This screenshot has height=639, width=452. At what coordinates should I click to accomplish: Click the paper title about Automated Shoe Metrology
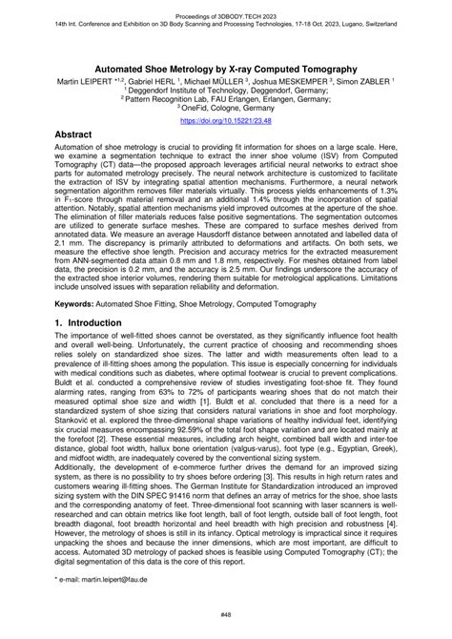(x=225, y=69)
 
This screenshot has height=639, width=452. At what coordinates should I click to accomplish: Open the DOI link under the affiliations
(x=225, y=121)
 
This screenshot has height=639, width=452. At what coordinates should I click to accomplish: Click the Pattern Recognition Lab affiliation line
(x=225, y=102)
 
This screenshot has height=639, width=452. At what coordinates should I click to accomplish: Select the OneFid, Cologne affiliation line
(x=225, y=112)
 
